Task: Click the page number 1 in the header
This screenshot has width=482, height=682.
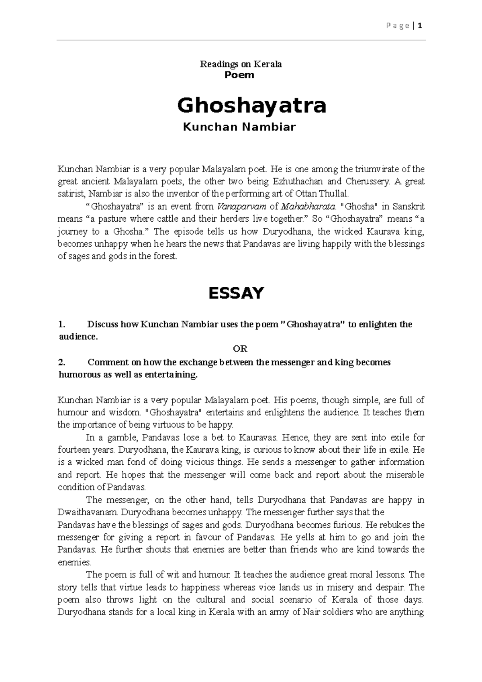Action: click(x=420, y=26)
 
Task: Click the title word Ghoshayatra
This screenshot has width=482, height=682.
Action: click(x=252, y=106)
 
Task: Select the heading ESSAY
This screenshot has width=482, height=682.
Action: click(x=236, y=293)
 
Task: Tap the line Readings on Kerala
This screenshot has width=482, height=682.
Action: click(x=241, y=64)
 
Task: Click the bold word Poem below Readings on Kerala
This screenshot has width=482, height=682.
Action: click(x=240, y=75)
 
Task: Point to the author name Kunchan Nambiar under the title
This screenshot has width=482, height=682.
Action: click(x=239, y=127)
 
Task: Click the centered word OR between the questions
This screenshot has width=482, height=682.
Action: click(x=241, y=349)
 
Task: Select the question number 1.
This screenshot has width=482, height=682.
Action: click(x=61, y=324)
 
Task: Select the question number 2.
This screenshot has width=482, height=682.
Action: click(x=61, y=362)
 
